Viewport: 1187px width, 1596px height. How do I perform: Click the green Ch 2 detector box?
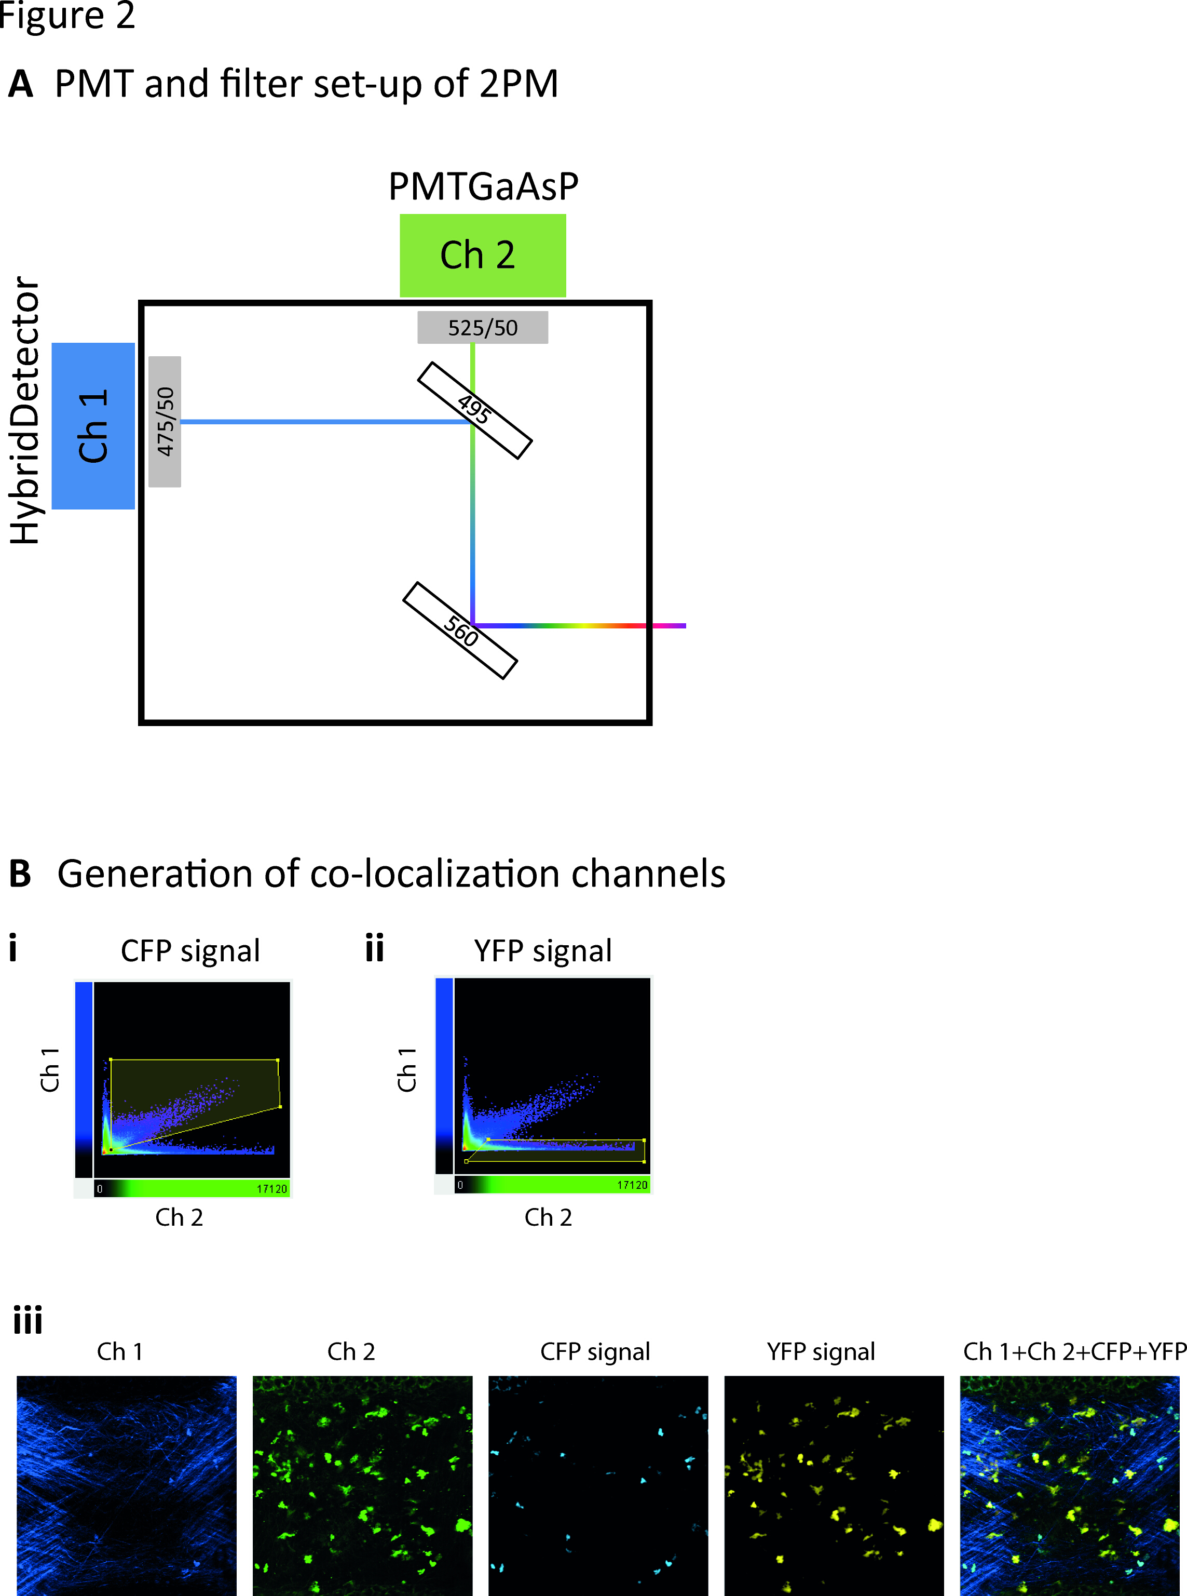[482, 255]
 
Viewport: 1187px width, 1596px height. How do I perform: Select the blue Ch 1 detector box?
[93, 425]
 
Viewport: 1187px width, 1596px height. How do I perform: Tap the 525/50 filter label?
[482, 328]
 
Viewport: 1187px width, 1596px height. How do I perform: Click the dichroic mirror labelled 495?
[474, 410]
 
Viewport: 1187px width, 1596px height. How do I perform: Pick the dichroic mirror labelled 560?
[460, 631]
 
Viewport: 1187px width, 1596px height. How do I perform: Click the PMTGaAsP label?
[483, 187]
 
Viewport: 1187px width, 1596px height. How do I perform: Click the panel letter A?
[21, 84]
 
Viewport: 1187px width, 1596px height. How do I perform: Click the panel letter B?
[20, 874]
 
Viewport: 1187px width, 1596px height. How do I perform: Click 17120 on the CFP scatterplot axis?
[271, 1189]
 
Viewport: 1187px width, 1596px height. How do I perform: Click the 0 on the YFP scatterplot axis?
[460, 1185]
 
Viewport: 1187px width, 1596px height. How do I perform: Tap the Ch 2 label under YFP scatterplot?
[548, 1217]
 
